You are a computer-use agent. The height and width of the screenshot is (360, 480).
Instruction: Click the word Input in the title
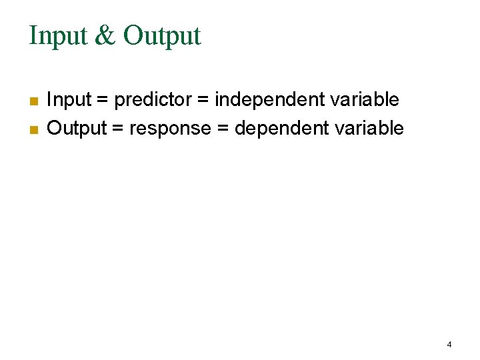[57, 36]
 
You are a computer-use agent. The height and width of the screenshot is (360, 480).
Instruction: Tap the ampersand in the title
[105, 36]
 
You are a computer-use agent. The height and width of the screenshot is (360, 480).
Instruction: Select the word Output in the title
[162, 36]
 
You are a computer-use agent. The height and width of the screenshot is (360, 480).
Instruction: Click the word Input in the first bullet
[69, 100]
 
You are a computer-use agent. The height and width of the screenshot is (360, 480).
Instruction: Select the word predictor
[152, 100]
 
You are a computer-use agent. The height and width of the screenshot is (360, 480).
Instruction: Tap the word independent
[270, 100]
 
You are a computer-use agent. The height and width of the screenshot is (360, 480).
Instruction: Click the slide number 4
[449, 345]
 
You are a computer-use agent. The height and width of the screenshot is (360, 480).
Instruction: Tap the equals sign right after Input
[103, 101]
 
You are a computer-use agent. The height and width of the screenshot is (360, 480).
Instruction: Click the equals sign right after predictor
[202, 101]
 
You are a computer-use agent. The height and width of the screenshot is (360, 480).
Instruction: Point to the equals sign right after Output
[118, 129]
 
